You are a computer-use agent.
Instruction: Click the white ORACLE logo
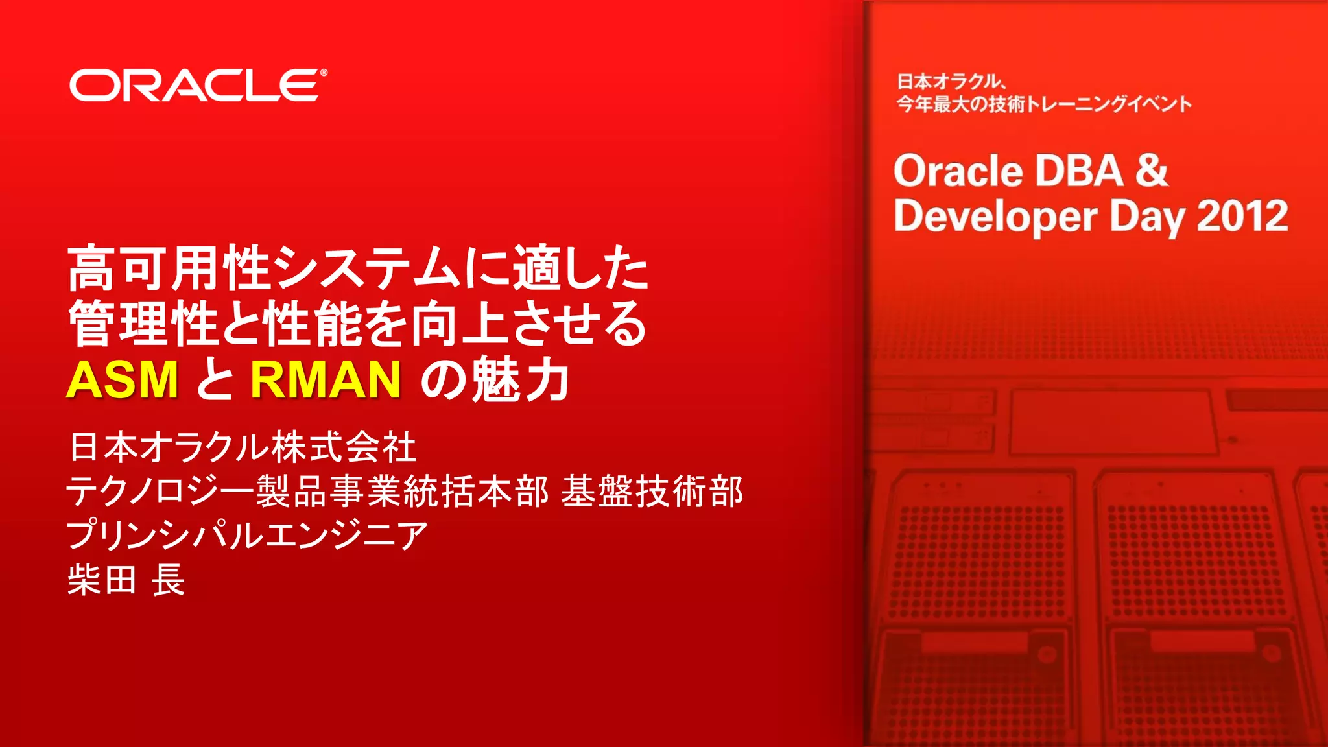(x=195, y=86)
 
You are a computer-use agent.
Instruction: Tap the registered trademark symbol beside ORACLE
(x=324, y=73)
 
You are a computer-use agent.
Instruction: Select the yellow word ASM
(x=123, y=379)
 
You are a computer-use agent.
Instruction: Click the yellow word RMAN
(x=326, y=379)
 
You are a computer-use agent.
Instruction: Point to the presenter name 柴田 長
(x=126, y=579)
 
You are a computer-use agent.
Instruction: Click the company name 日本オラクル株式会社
(x=243, y=447)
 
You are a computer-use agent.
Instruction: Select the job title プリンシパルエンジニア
(x=247, y=535)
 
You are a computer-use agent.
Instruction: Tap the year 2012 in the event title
(x=1242, y=216)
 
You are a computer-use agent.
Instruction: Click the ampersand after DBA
(x=1152, y=171)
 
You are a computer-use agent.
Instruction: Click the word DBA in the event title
(x=1079, y=171)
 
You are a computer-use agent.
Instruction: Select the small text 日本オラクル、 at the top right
(x=951, y=82)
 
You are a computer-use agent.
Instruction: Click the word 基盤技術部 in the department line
(x=652, y=491)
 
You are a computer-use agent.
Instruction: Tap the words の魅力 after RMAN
(x=495, y=379)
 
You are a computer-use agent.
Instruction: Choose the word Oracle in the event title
(x=958, y=171)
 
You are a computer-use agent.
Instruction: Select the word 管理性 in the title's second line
(x=143, y=323)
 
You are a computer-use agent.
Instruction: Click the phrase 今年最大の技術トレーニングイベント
(x=1044, y=104)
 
